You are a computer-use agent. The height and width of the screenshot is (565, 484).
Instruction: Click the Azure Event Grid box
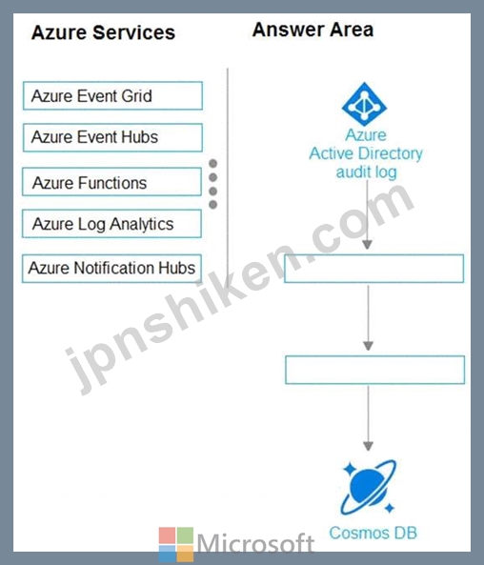click(112, 96)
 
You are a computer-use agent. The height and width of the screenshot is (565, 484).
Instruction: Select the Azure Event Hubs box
click(112, 137)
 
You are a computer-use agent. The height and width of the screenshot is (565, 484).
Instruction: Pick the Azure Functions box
click(111, 182)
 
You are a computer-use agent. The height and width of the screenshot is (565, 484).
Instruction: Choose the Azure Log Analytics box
click(111, 224)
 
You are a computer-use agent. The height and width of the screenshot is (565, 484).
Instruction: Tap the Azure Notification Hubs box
click(111, 269)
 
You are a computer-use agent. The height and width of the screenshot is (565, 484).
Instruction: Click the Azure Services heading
click(104, 32)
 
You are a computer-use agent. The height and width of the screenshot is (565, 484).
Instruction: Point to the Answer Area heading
click(313, 30)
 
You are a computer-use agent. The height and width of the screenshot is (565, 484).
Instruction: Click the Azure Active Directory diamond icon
click(364, 104)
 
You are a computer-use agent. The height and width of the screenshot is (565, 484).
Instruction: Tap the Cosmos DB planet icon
click(368, 487)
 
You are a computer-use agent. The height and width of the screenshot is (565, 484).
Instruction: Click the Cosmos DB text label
click(373, 533)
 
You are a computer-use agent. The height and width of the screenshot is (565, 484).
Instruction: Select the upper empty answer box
click(374, 269)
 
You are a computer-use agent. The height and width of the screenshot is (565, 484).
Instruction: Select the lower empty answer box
click(374, 370)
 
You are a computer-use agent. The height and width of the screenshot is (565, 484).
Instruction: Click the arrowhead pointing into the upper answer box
click(367, 245)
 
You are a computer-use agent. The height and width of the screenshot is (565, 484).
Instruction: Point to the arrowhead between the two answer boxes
click(368, 346)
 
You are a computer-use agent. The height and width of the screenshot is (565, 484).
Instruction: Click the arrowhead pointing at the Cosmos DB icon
click(368, 446)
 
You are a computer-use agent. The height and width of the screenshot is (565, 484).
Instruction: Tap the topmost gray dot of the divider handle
click(213, 164)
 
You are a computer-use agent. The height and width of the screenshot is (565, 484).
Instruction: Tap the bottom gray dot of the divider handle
click(213, 205)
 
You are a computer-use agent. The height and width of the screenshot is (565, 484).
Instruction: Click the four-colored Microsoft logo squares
click(176, 544)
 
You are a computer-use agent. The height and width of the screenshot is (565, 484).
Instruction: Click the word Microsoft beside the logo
click(256, 543)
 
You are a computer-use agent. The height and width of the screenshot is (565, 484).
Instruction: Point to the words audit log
click(366, 172)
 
